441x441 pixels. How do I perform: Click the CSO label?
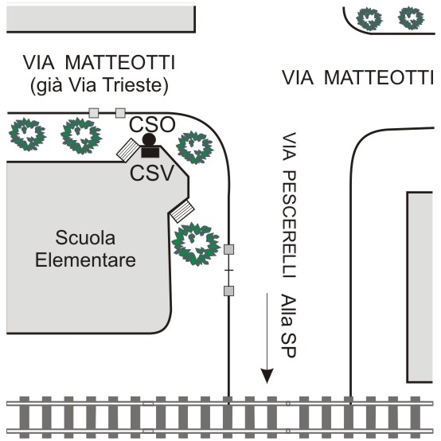pos(152,124)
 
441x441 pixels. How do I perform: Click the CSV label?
pos(152,173)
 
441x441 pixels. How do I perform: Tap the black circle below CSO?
pos(149,139)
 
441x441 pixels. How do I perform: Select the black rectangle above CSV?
pos(150,152)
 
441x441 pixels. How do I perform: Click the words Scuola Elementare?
pos(85,248)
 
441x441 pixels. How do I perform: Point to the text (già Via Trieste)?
pos(100,84)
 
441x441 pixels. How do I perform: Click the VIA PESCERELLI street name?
pos(289,205)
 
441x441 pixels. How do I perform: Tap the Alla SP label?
pos(289,326)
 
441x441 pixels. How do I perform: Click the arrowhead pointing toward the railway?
pos(267,376)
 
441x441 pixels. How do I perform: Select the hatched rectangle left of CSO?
pos(128,150)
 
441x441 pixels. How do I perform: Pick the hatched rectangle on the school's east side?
pos(182,211)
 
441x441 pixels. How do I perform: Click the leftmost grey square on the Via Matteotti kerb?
pos(94,113)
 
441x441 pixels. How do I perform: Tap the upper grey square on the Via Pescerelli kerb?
pos(228,249)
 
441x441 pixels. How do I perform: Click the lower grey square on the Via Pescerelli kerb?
pos(228,291)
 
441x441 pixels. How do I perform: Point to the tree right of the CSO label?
pos(194,147)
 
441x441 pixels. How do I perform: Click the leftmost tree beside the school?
pos(27,135)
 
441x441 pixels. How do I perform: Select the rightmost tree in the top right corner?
pos(412,18)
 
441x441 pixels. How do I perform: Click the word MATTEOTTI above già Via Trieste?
pos(120,62)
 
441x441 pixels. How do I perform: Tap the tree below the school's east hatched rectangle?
pos(196,244)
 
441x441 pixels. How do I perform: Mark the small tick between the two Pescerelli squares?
pos(229,271)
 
